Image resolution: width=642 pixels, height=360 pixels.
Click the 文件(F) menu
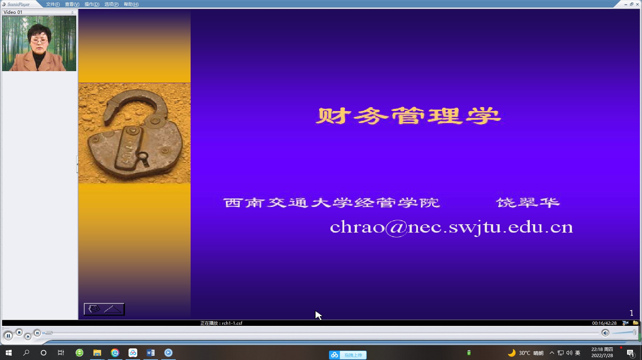point(53,4)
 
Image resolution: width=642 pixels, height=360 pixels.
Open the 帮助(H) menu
point(131,4)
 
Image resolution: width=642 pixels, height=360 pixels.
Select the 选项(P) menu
point(111,4)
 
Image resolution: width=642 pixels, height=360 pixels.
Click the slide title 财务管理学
point(408,116)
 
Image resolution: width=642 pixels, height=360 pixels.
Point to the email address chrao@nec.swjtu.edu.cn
point(451,228)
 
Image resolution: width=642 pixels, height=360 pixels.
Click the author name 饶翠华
point(528,202)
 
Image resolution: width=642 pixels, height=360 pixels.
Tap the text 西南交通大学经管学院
point(332,202)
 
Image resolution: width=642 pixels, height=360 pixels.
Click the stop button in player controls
point(19,332)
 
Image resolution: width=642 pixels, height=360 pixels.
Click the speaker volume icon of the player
point(605,333)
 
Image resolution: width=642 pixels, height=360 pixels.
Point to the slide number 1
point(631,313)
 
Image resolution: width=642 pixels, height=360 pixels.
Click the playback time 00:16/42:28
point(604,323)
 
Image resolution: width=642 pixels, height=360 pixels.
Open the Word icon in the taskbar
point(150,353)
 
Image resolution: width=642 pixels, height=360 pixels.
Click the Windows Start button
point(9,353)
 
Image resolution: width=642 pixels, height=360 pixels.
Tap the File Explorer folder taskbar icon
point(97,353)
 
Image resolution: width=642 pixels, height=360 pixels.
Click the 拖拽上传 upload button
point(348,355)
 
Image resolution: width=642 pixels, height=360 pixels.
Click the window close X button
point(637,4)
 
